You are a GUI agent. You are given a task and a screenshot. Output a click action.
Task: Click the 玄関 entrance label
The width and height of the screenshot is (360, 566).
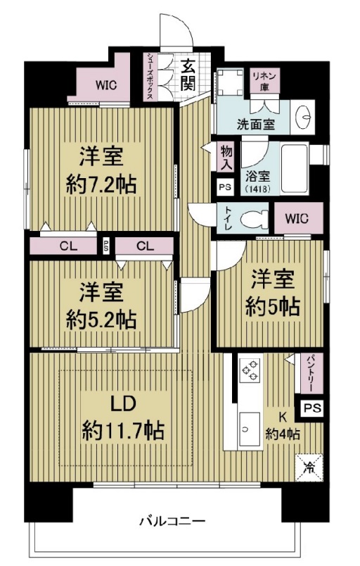[x=188, y=75]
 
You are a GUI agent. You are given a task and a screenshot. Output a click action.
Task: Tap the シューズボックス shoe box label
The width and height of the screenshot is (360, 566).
[x=150, y=77]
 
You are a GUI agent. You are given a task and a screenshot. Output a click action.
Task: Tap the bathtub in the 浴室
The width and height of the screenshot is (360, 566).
[x=297, y=169]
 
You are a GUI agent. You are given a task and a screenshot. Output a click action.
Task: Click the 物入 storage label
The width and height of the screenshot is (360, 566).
[x=226, y=157]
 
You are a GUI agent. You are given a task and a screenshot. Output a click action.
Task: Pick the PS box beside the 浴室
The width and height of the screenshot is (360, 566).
[x=224, y=188]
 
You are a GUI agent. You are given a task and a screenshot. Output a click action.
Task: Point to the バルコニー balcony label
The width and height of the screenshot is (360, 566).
[x=172, y=522]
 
